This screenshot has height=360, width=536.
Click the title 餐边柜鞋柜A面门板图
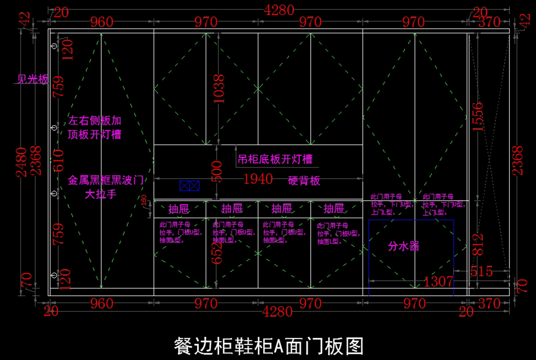click(268, 346)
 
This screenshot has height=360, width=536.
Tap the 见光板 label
click(32, 80)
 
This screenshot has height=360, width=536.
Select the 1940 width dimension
click(258, 179)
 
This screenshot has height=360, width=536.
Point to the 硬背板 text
click(304, 180)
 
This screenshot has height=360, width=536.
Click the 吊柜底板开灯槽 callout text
click(275, 159)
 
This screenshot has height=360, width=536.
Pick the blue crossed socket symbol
click(189, 186)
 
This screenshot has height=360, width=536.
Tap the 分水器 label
click(404, 246)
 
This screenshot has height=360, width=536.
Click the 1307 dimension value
click(438, 281)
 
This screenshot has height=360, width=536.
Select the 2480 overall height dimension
click(23, 162)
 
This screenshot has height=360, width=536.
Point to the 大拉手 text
click(100, 195)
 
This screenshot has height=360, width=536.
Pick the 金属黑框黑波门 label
click(105, 180)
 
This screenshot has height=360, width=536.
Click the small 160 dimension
click(144, 201)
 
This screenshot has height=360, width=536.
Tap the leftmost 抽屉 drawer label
click(179, 209)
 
